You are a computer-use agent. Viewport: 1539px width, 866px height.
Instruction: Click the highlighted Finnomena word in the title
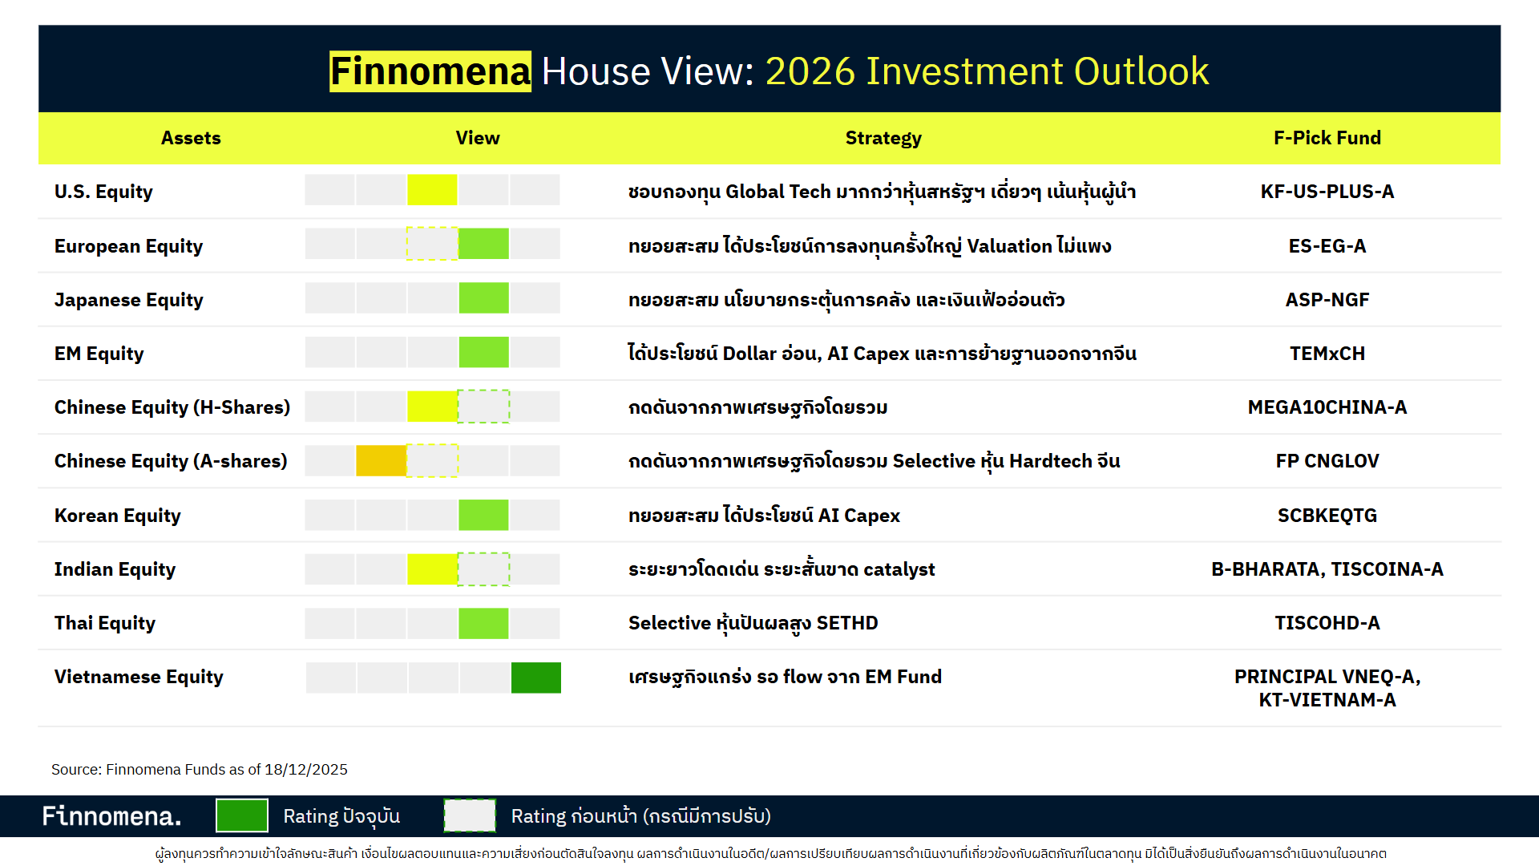(430, 71)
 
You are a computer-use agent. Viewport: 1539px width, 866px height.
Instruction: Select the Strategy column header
(883, 138)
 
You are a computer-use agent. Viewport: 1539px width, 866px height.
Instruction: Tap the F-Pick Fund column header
(1327, 138)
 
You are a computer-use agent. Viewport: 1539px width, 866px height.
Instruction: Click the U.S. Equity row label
(103, 192)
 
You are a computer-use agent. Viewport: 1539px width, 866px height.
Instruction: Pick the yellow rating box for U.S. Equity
(432, 190)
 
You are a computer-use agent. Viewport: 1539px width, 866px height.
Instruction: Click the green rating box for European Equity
(483, 244)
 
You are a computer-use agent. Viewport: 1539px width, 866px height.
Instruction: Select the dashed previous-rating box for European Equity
(432, 244)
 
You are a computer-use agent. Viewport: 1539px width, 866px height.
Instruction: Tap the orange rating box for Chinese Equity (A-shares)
(381, 461)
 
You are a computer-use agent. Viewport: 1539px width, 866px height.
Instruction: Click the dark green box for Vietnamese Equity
(535, 678)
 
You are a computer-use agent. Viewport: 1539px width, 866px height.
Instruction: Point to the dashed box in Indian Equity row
(483, 569)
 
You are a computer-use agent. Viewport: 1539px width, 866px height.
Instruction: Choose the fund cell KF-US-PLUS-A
(1327, 192)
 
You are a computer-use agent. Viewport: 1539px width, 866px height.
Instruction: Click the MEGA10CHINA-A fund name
(1327, 407)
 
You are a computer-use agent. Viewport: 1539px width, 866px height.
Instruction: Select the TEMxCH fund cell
(1327, 354)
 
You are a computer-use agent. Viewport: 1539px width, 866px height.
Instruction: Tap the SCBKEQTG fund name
(1327, 516)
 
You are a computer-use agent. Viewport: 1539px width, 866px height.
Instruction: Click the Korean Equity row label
(118, 516)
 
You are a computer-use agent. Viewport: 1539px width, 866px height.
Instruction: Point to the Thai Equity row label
(105, 623)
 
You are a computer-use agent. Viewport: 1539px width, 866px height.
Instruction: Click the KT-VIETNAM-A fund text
(1327, 700)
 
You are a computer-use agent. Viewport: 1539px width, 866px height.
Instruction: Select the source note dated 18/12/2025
(200, 770)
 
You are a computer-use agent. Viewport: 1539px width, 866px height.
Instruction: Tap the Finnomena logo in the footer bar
(111, 816)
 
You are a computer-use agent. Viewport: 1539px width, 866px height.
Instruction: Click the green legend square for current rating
(242, 816)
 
